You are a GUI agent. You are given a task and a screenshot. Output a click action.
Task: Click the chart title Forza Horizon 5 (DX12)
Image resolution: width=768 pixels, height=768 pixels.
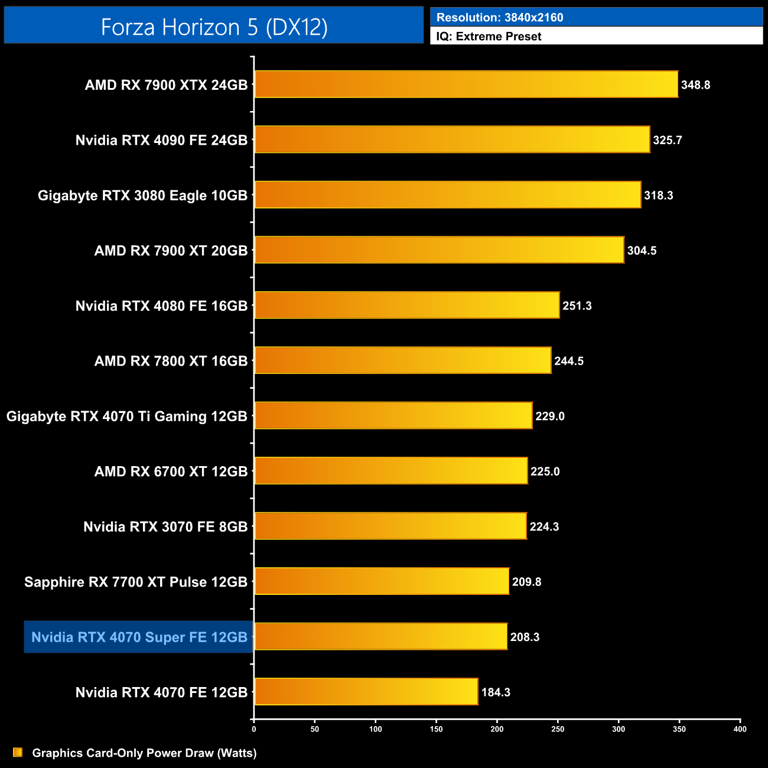coord(214,27)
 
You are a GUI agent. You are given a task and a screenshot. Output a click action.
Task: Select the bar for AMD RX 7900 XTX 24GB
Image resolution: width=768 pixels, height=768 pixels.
coord(466,84)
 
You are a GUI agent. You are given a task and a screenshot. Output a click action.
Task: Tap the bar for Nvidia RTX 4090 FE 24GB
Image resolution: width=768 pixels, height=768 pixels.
coord(452,139)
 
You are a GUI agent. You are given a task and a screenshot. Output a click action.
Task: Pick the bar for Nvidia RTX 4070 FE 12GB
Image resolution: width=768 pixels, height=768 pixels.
coord(366,692)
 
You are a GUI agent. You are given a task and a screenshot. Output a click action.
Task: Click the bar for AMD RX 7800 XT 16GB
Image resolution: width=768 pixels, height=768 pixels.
coord(402,360)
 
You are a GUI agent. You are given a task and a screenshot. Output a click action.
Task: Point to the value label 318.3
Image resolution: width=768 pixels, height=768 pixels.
coord(658,196)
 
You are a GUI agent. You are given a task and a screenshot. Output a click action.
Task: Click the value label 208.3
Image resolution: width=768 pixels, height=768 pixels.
coord(525,637)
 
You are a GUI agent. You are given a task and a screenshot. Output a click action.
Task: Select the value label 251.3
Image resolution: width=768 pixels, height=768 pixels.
coord(577,306)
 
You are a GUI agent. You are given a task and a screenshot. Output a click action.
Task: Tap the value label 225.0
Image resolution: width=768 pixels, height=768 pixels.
coord(545,471)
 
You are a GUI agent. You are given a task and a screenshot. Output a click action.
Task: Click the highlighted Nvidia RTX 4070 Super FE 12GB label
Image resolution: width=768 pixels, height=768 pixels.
coord(139,637)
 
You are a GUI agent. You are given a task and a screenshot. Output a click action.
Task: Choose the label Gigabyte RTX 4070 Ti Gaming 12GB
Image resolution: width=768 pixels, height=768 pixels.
coord(126,416)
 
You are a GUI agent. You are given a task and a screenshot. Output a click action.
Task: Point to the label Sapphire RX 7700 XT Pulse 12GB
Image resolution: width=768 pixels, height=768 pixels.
coord(136,582)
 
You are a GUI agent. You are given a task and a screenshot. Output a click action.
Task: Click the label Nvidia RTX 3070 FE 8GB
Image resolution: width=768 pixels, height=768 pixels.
coord(165,527)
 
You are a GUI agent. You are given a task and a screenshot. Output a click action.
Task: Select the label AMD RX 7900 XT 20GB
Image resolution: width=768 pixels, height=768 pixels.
coord(171,250)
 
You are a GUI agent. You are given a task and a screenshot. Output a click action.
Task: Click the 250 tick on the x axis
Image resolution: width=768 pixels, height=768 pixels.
coord(558,729)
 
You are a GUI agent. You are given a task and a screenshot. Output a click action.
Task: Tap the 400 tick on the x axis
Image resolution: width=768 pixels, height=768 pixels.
coord(740,729)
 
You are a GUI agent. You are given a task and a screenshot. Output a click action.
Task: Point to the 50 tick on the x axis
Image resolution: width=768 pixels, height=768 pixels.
coord(315,729)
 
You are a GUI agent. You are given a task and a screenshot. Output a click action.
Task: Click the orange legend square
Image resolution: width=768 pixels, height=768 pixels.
coord(18,753)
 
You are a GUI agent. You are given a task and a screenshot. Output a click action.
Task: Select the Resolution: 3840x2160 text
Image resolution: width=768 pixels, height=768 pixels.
coord(500,18)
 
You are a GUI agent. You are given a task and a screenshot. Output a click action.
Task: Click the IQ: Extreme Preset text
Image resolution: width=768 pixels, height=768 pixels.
coord(489,37)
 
